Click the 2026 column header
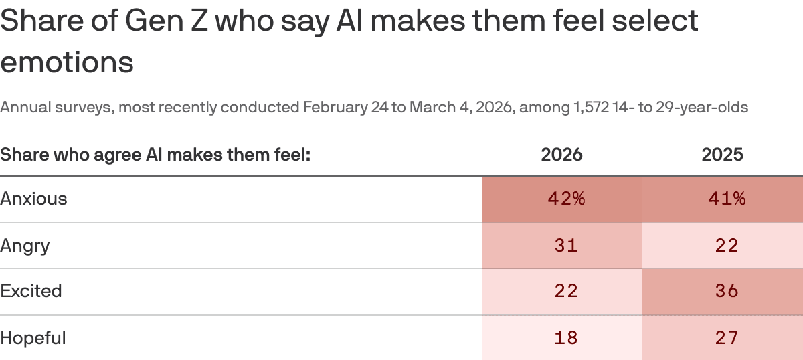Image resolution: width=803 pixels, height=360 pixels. [561, 155]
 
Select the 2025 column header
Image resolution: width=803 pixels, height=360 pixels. [722, 155]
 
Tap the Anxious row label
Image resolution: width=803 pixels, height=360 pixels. [33, 199]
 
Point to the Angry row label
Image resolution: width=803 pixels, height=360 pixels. [25, 246]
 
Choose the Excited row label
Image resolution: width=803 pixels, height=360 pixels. [31, 291]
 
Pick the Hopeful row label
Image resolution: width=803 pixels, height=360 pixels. [33, 338]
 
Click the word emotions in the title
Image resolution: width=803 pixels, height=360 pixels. [67, 62]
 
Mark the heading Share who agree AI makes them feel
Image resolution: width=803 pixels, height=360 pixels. [156, 155]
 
